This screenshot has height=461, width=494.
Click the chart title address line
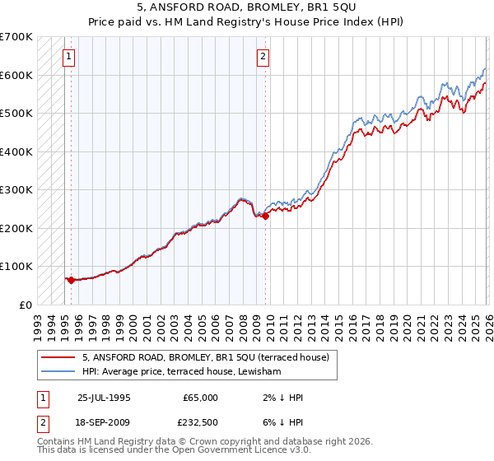pos(247,7)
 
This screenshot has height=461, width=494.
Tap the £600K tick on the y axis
pos(16,75)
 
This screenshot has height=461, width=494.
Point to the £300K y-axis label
pos(16,189)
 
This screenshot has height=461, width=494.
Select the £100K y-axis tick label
pos(16,266)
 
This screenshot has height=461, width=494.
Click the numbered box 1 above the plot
pos(68,57)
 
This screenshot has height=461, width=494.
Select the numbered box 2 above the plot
pos(263,57)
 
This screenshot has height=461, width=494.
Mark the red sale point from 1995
pos(71,280)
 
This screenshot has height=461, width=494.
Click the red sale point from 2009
pos(265,216)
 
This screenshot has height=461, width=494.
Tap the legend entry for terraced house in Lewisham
pos(181,372)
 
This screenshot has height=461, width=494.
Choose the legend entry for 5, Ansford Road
pos(206,357)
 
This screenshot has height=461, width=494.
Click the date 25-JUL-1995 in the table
pos(104,398)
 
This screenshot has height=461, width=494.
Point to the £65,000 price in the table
pos(200,398)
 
